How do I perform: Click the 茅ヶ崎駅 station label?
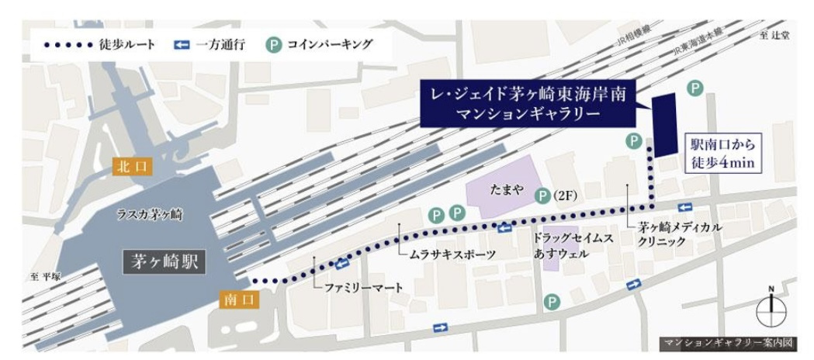pos(164,262)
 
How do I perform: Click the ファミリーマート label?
pos(363,288)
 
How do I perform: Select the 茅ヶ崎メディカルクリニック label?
pos(680,234)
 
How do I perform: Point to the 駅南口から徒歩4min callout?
pos(722,153)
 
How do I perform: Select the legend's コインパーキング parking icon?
pos(274,44)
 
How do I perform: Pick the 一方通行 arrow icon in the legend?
pos(181,44)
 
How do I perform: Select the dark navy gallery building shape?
pos(665,125)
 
